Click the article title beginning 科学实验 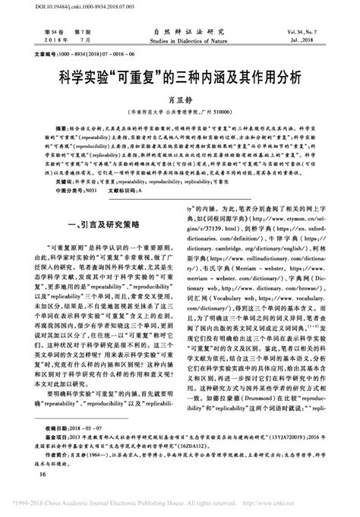pyautogui.click(x=180, y=77)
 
